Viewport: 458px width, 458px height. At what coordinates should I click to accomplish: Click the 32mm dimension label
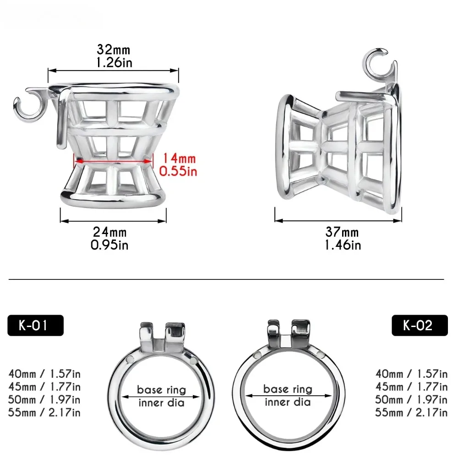[x=113, y=49]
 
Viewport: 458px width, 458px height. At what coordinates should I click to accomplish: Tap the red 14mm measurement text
[x=179, y=158]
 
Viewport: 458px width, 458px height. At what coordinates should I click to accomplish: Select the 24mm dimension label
[x=110, y=232]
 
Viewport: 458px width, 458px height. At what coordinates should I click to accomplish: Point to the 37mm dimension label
[x=342, y=232]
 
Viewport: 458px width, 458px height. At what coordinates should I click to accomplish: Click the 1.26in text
[x=114, y=62]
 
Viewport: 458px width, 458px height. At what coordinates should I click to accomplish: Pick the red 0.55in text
[x=178, y=171]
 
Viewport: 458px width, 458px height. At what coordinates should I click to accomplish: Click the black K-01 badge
[x=35, y=325]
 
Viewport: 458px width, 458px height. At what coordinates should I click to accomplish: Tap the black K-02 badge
[x=420, y=325]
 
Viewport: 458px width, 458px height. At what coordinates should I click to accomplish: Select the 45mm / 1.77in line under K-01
[x=44, y=387]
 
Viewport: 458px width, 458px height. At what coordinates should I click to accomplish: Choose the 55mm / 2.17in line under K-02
[x=411, y=413]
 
